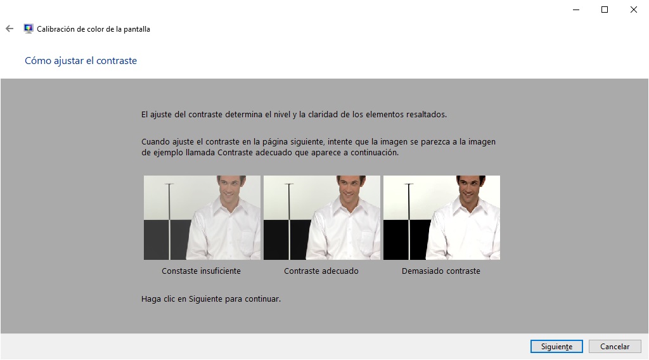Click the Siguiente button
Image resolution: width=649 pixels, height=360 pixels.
[x=556, y=346]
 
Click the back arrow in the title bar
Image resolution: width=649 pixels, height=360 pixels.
[x=10, y=29]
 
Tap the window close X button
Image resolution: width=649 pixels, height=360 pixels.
[x=633, y=10]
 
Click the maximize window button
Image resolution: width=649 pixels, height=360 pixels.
[x=604, y=10]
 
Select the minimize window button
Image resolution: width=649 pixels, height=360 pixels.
[x=575, y=10]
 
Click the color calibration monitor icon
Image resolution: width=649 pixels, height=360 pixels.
[x=29, y=29]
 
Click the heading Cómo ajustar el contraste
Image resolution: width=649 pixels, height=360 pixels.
[x=80, y=60]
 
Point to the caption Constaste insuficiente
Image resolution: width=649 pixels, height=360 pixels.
[x=201, y=271]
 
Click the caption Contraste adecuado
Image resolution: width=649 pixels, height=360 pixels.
[x=321, y=271]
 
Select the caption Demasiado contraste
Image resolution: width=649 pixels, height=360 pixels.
[x=441, y=271]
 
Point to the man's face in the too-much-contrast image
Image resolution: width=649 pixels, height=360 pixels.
[x=471, y=188]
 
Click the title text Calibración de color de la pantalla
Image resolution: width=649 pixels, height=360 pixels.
[x=94, y=29]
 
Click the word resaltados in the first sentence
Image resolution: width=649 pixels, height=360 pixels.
[x=426, y=114]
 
